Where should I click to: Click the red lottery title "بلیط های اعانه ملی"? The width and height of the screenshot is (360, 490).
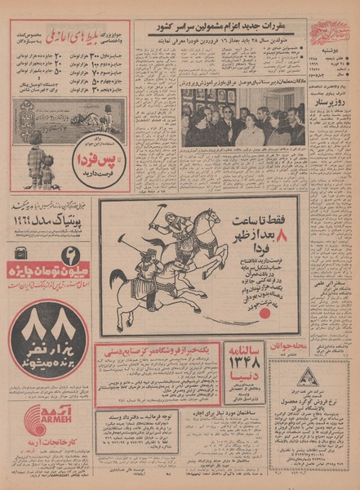[x=81, y=35]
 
